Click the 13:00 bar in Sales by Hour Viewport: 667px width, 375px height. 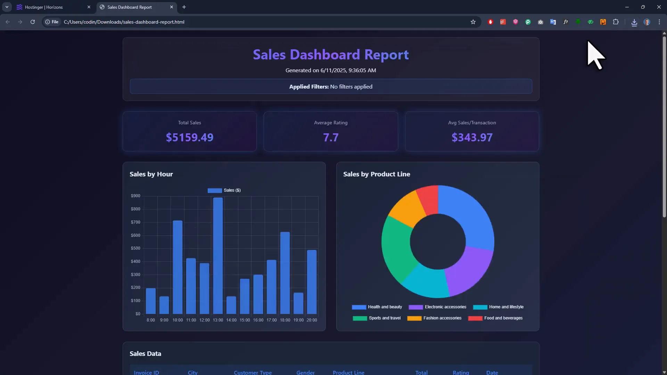(218, 256)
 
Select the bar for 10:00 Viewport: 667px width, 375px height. (178, 267)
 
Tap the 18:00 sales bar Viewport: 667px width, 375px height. (285, 273)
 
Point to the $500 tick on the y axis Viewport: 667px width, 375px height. (135, 248)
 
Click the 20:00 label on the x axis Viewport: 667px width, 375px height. (312, 320)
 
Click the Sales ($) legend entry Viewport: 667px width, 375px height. (224, 190)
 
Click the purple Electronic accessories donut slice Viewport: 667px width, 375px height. (469, 271)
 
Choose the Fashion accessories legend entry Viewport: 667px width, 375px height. (435, 318)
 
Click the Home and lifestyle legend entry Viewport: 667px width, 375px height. (498, 307)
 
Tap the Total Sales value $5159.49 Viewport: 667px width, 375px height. (190, 137)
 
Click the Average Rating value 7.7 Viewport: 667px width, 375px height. (331, 137)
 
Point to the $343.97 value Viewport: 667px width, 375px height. (472, 137)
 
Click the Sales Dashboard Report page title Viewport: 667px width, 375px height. (331, 55)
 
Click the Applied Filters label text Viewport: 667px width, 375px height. (309, 86)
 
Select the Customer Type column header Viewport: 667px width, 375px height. (253, 372)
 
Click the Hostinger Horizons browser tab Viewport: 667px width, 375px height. (52, 7)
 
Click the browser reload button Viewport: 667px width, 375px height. (33, 22)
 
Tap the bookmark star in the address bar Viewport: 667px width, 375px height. (473, 22)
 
